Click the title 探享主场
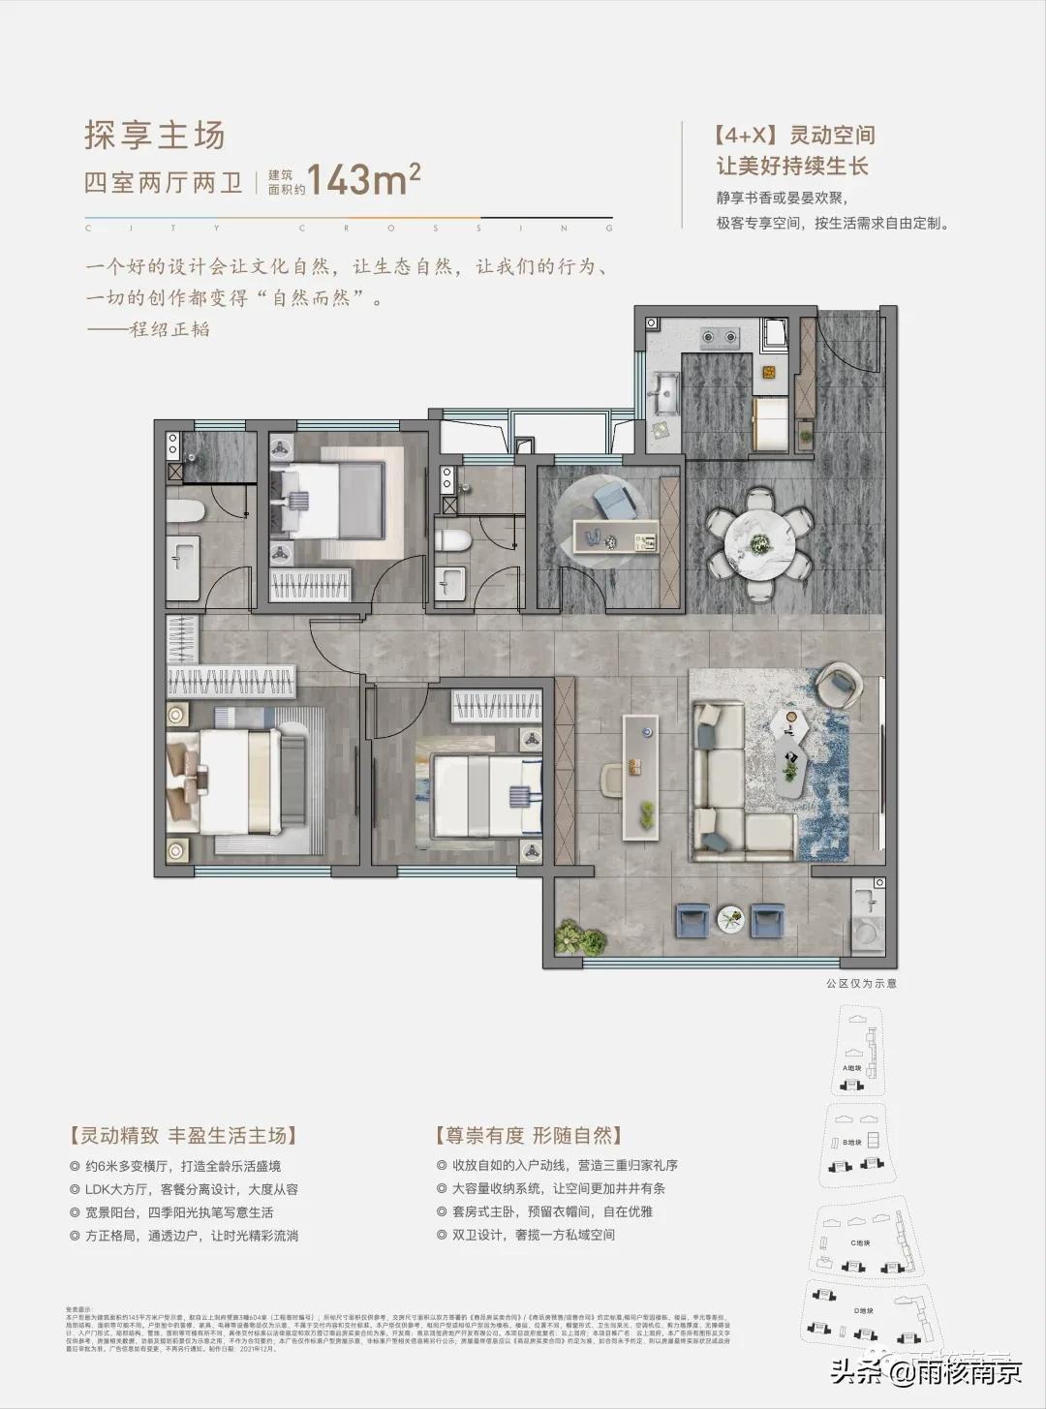click(155, 136)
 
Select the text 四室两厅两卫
click(164, 183)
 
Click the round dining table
click(760, 532)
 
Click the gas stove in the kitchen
click(721, 338)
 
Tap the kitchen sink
click(666, 391)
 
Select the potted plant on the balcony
click(573, 937)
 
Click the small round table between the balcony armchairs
click(732, 917)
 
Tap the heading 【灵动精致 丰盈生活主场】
click(183, 1135)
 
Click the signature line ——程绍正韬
click(148, 329)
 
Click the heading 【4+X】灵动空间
click(793, 136)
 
